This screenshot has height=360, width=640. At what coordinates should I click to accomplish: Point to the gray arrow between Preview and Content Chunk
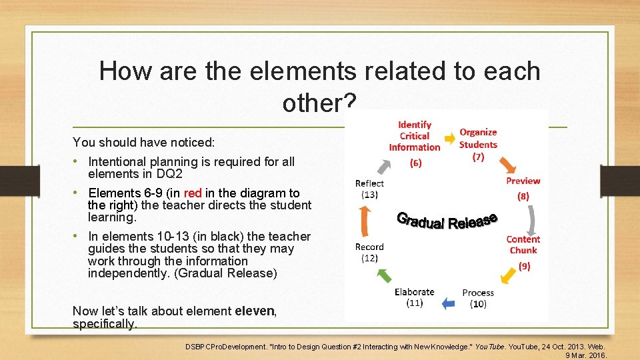tap(532, 219)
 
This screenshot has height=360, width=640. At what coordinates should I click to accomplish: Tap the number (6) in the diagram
tap(415, 163)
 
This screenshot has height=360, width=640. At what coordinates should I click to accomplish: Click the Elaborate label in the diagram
tap(414, 292)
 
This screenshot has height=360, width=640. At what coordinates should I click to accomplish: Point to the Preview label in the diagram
tap(523, 181)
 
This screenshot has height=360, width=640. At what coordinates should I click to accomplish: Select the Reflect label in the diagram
tap(369, 183)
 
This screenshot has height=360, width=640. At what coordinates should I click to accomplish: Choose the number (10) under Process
tap(478, 304)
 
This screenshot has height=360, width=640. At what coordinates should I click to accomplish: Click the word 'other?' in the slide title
tap(319, 103)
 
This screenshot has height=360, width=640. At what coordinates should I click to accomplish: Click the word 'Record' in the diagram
tap(369, 247)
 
